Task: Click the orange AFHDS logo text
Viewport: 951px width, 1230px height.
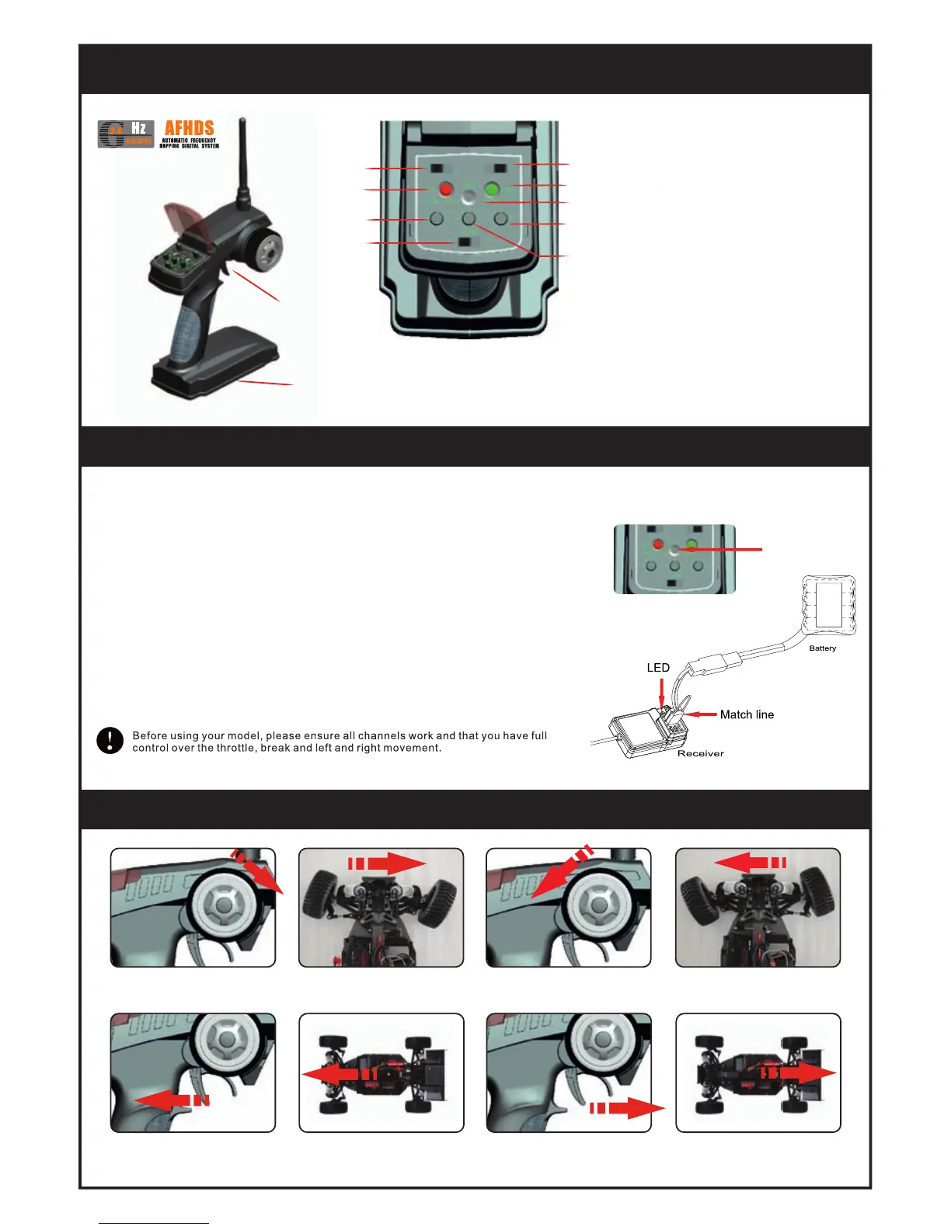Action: coord(189,128)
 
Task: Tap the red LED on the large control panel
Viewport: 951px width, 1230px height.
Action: coord(446,189)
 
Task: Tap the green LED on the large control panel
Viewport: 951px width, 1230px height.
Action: coord(492,189)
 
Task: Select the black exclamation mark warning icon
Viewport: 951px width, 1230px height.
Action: coord(110,740)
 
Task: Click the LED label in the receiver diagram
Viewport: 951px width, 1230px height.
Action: coord(658,668)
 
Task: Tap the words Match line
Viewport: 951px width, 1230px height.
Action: coord(747,714)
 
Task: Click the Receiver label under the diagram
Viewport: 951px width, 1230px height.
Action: coord(700,753)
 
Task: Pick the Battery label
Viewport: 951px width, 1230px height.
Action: coord(822,648)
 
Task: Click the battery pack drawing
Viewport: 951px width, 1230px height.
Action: coord(829,603)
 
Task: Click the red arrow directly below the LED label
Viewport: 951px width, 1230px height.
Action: coord(661,692)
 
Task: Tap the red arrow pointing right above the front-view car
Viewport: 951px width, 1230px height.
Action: coord(388,863)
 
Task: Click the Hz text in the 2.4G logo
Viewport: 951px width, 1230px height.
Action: coord(138,128)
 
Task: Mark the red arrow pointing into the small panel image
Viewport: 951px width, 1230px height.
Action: coord(719,549)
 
